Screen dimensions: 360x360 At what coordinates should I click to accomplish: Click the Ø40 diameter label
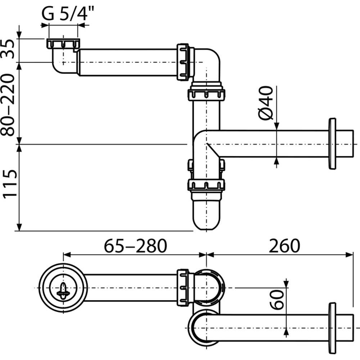266,103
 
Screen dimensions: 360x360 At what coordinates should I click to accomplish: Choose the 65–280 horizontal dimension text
135,246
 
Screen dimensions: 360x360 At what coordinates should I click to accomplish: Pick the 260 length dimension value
284,246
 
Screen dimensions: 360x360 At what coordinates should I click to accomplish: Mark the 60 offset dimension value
276,300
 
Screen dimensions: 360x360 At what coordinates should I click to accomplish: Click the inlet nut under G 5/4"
63,44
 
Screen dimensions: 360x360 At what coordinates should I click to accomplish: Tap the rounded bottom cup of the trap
206,215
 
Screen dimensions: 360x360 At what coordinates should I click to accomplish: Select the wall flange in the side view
332,144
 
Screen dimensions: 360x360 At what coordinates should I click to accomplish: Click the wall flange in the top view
332,328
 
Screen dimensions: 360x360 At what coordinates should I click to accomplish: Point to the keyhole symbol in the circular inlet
63,291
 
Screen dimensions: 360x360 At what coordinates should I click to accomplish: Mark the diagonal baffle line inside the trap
213,150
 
